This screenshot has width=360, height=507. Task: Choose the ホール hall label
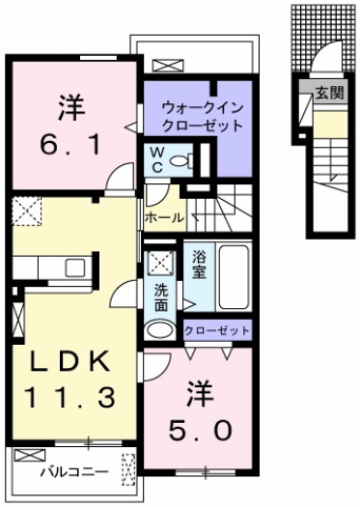(163, 218)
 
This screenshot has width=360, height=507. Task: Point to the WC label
(155, 158)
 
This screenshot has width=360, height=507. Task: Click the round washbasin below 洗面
(160, 330)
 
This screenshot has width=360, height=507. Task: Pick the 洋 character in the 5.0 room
(199, 393)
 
